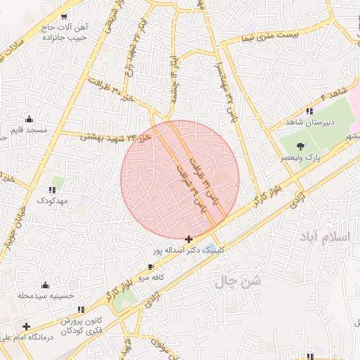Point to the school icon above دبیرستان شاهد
309,111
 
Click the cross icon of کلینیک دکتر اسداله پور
188,240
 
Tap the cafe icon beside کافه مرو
150,267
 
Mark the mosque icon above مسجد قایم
29,120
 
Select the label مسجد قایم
29,130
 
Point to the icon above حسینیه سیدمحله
46,285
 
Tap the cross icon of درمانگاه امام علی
26,327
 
